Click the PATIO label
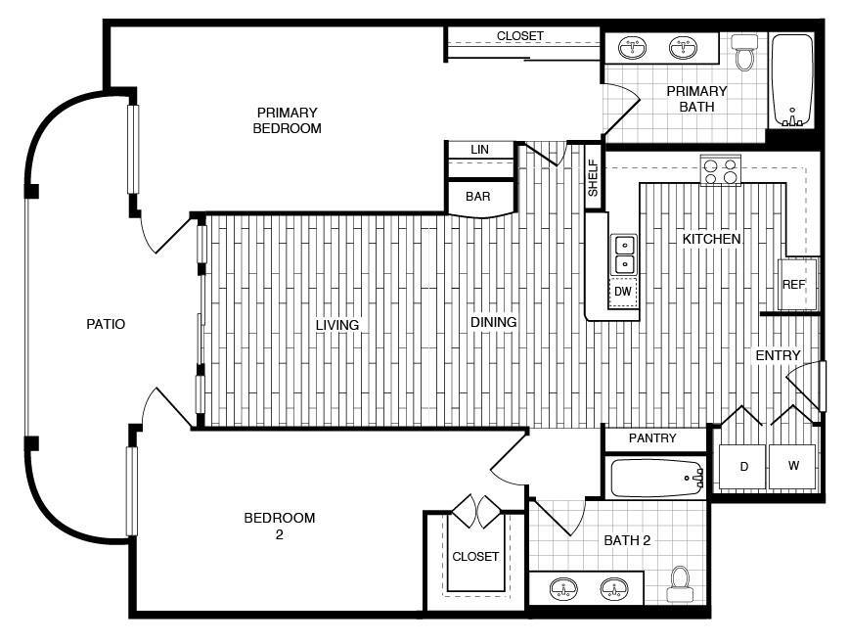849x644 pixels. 106,324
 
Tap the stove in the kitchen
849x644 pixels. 720,170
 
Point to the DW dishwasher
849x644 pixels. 623,292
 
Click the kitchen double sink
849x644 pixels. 624,255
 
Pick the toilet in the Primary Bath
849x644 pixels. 745,52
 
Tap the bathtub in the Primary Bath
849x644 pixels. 791,80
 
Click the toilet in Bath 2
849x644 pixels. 680,584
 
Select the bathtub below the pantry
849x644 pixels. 657,478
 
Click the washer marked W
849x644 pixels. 791,466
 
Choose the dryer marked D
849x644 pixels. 742,466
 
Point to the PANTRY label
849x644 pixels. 652,437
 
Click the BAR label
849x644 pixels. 478,197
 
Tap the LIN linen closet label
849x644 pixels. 479,150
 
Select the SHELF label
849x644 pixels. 594,177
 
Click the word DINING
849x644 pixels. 493,322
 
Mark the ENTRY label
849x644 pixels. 778,355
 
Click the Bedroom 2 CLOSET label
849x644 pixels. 475,556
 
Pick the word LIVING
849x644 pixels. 337,325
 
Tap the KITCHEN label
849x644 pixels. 711,239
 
